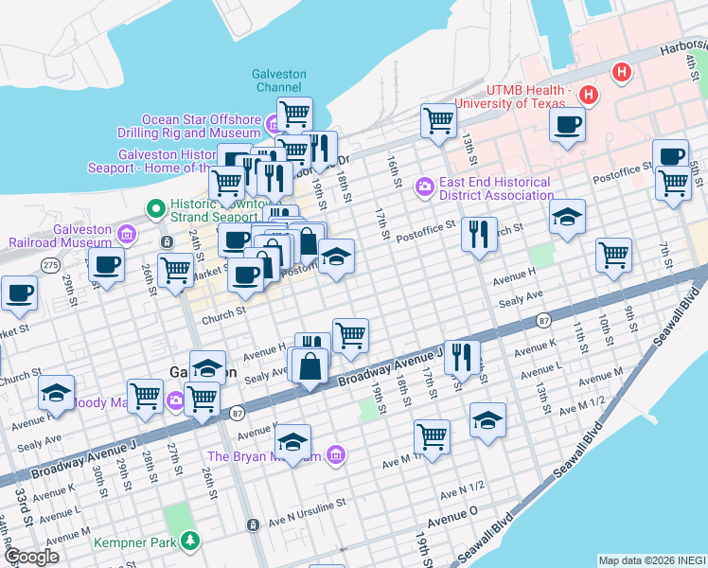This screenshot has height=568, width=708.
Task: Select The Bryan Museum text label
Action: pyautogui.click(x=264, y=456)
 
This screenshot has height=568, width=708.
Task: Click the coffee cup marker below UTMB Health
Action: pyautogui.click(x=568, y=124)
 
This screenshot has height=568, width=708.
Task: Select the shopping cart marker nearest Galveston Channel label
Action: pyautogui.click(x=294, y=114)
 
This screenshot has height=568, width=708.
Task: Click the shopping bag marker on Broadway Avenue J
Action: pyautogui.click(x=310, y=364)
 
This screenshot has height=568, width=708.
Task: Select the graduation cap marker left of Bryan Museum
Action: pyautogui.click(x=293, y=441)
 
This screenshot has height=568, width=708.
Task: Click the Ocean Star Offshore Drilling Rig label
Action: pyautogui.click(x=201, y=127)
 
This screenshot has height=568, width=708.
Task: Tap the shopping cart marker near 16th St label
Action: pyautogui.click(x=438, y=120)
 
